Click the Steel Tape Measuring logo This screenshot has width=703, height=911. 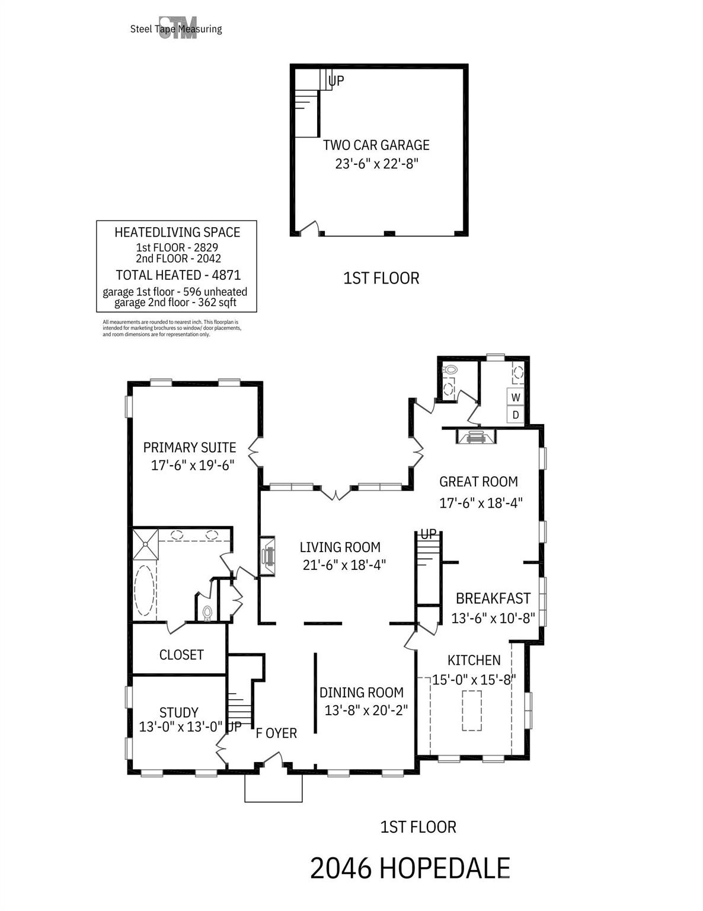click(x=177, y=28)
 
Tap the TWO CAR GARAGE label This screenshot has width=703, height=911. click(x=376, y=145)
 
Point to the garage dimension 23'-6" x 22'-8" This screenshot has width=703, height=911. click(x=376, y=164)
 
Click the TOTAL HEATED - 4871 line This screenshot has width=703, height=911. click(x=178, y=275)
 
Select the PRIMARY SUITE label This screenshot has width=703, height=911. click(x=189, y=447)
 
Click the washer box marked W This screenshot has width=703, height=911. click(x=515, y=397)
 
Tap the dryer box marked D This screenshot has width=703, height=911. click(x=515, y=415)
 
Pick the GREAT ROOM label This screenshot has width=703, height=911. click(x=478, y=482)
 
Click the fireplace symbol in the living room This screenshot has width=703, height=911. click(x=267, y=556)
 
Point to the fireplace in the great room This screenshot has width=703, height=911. click(x=476, y=436)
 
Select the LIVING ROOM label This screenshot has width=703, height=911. click(x=340, y=547)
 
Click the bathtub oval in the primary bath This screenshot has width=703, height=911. click(x=144, y=590)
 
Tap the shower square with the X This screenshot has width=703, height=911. click(x=145, y=544)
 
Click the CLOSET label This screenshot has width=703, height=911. click(x=181, y=654)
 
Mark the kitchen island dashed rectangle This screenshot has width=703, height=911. click(x=472, y=711)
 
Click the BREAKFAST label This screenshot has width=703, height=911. click(x=493, y=598)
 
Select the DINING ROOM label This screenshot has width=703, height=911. click(x=361, y=692)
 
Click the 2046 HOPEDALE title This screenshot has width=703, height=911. click(x=410, y=868)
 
